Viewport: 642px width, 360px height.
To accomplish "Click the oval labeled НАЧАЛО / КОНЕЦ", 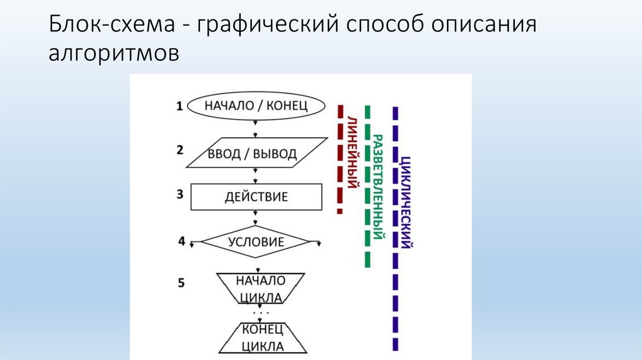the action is (256, 105).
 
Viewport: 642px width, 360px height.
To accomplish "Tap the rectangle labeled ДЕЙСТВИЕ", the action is (256, 197).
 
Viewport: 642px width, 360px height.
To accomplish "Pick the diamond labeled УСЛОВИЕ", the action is (256, 242).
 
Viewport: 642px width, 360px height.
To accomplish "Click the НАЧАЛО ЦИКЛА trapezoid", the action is (260, 288).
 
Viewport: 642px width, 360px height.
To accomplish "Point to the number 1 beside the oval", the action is (179, 106).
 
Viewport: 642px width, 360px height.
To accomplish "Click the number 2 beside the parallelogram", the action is (180, 150).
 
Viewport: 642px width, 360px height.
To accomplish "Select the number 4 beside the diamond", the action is (181, 240).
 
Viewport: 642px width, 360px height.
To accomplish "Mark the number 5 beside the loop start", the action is (181, 283).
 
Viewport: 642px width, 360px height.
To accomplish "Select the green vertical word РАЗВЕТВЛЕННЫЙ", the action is (378, 188).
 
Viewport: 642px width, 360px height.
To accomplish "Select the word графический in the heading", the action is (266, 28).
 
